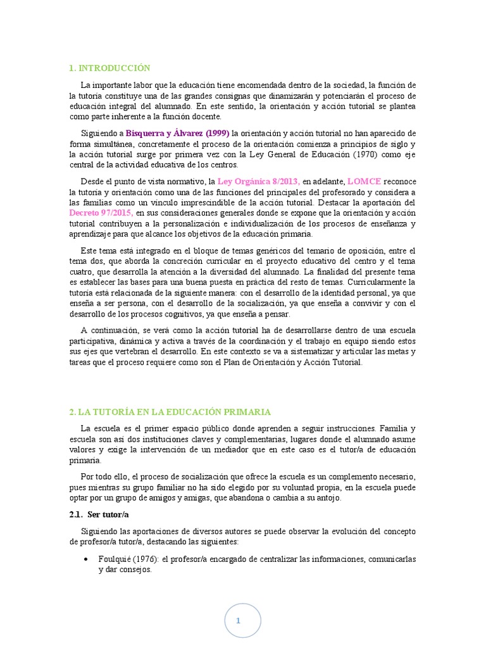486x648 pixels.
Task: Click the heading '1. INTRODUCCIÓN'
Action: pyautogui.click(x=109, y=68)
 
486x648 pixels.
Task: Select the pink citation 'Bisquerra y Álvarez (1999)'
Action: pyautogui.click(x=178, y=133)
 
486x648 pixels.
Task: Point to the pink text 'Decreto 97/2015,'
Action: pyautogui.click(x=101, y=213)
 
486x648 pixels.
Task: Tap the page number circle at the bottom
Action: pyautogui.click(x=238, y=621)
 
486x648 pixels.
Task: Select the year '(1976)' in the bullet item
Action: pyautogui.click(x=146, y=559)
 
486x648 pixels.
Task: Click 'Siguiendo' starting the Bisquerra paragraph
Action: pyautogui.click(x=102, y=133)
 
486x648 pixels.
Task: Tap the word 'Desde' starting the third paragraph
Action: pyautogui.click(x=93, y=182)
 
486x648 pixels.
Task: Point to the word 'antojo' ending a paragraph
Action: pyautogui.click(x=327, y=497)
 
